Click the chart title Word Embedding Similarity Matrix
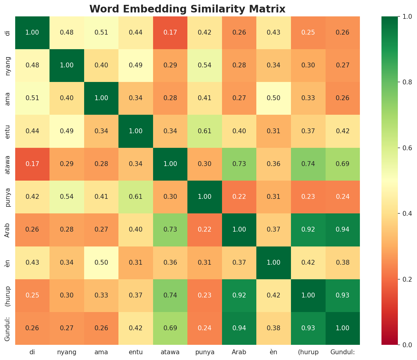[187, 9]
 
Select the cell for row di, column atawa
[170, 32]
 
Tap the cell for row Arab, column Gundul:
[343, 230]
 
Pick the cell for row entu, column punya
[205, 131]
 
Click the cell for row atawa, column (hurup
[308, 164]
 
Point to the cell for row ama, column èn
[274, 98]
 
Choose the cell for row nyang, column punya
[205, 65]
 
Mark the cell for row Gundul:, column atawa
[170, 328]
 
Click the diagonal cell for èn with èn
[274, 263]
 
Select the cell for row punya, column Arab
[239, 197]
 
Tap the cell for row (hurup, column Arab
[239, 295]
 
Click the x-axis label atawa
[170, 352]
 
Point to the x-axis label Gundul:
[343, 352]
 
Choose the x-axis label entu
[136, 352]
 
